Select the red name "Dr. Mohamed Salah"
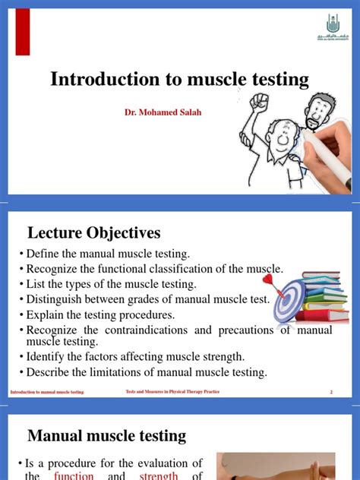click(162, 112)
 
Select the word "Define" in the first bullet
click(43, 254)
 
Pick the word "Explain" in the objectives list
click(46, 314)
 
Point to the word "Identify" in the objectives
click(48, 357)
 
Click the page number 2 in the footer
click(332, 392)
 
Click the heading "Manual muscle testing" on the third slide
click(107, 435)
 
